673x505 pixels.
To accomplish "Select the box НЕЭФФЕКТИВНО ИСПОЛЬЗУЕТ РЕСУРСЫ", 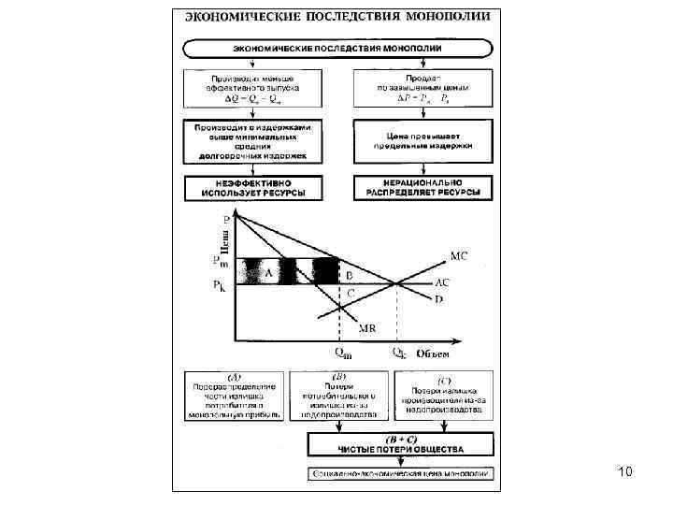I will (252, 187).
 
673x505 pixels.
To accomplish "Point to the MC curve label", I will (460, 254).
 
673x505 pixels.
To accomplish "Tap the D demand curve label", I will (438, 299).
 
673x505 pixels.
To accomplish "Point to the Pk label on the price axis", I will (219, 284).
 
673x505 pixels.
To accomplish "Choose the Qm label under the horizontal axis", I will (344, 353).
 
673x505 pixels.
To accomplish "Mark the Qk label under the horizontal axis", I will (399, 353).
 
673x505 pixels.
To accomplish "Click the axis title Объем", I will (433, 353).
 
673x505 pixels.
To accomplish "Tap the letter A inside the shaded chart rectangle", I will (269, 273).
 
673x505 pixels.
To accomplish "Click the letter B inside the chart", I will (348, 276).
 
